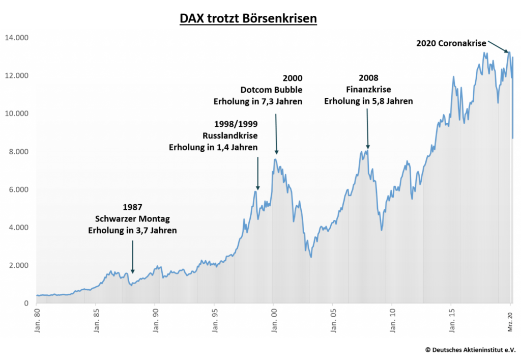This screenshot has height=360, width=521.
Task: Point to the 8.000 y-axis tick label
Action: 18,152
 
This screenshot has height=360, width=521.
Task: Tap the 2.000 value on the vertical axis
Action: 18,266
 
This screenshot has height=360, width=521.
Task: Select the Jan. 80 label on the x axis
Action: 37,319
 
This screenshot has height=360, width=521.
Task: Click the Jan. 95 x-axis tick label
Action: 214,319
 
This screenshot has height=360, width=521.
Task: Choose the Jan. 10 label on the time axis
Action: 392,319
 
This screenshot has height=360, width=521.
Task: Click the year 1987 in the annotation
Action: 132,208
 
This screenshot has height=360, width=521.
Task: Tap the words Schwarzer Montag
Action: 132,219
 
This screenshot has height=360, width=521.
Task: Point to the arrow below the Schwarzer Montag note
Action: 132,257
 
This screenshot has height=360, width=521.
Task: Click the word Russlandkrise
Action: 230,136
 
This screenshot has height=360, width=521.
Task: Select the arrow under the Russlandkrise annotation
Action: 257,173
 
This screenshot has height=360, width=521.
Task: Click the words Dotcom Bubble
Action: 271,90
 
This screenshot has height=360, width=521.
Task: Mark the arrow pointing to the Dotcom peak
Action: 276,133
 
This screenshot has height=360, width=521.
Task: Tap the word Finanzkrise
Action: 368,90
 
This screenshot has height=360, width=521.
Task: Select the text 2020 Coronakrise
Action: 451,44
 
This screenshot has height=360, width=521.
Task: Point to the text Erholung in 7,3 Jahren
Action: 257,101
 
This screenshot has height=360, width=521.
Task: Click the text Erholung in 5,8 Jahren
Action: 368,101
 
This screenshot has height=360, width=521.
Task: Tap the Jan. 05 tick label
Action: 333,319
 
